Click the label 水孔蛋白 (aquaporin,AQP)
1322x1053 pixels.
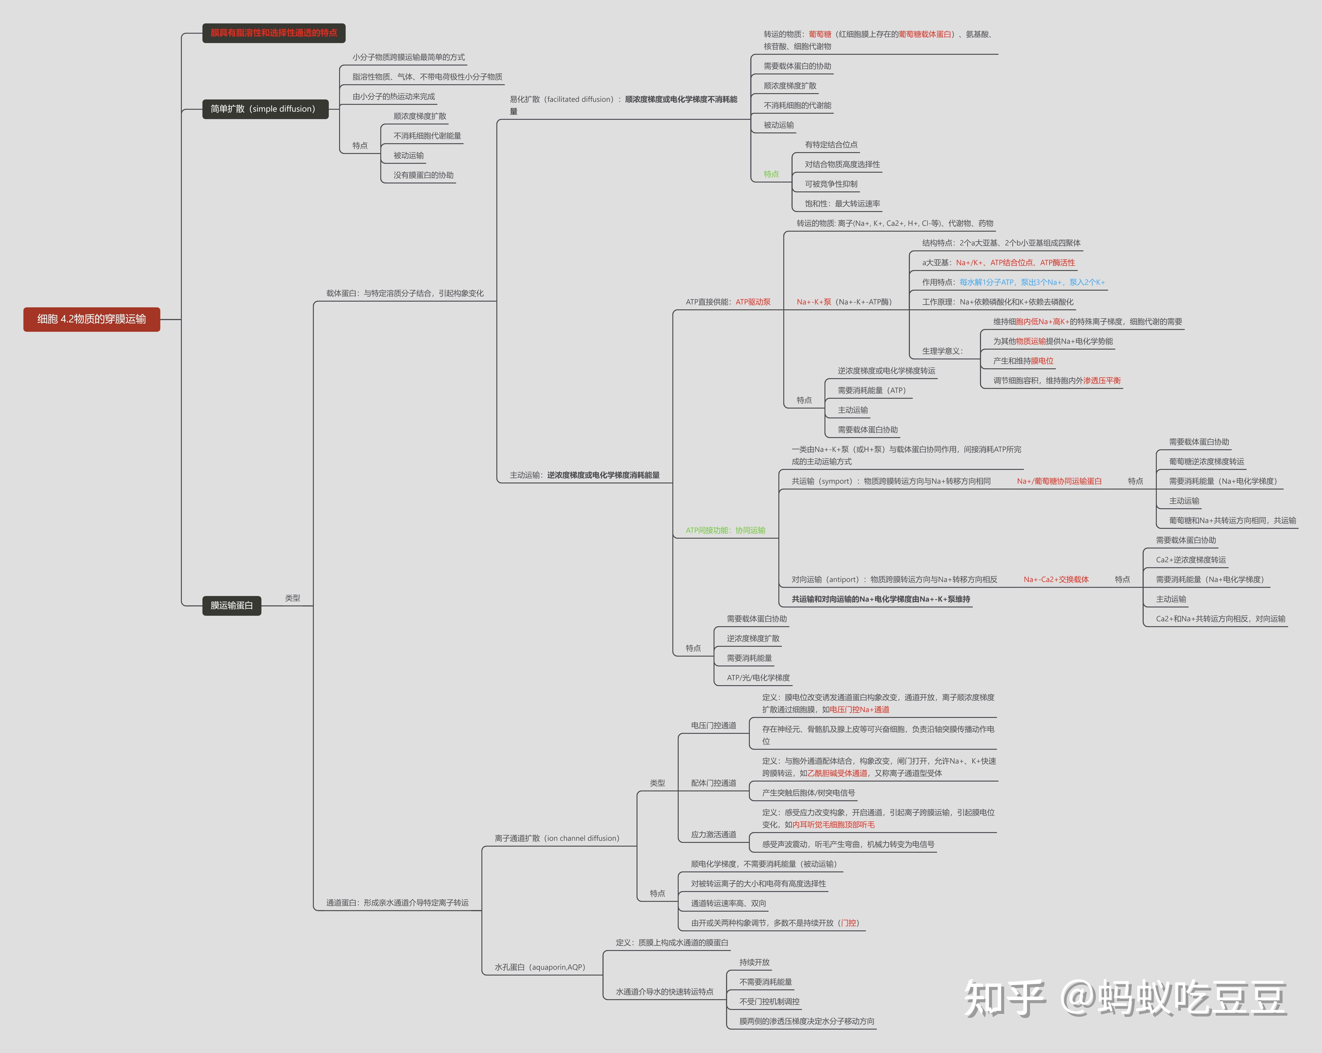pyautogui.click(x=540, y=967)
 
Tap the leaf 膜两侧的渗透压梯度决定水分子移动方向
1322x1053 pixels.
pyautogui.click(x=806, y=1021)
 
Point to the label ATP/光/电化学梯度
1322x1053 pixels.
pyautogui.click(x=758, y=678)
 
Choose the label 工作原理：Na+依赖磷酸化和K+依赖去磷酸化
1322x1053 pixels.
pyautogui.click(x=998, y=302)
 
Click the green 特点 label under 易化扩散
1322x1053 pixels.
pyautogui.click(x=771, y=174)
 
